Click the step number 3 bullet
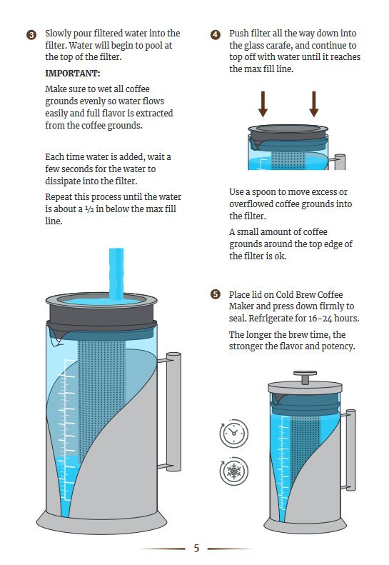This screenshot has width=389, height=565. [x=31, y=35]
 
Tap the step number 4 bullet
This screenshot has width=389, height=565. [x=216, y=35]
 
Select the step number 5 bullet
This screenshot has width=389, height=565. [x=216, y=294]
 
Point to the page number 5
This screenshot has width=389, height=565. [x=196, y=548]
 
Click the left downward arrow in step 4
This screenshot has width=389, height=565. [x=263, y=104]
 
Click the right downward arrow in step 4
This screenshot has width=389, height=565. [x=314, y=104]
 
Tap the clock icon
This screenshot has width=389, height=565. [x=234, y=434]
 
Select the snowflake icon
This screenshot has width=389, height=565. [x=234, y=471]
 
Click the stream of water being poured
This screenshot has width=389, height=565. [x=116, y=274]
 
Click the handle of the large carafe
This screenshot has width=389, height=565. [x=173, y=412]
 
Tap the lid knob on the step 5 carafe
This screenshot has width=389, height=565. [x=305, y=377]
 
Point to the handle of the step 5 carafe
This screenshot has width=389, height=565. [x=350, y=450]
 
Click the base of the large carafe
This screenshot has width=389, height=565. [x=101, y=522]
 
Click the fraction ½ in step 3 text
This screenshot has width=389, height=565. [x=89, y=209]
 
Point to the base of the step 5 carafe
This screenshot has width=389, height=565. [x=305, y=524]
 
